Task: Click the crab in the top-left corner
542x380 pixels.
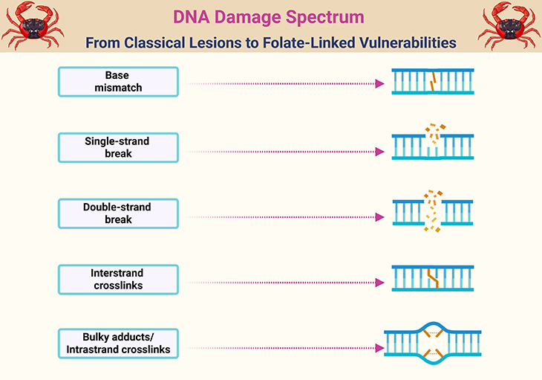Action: click(31, 25)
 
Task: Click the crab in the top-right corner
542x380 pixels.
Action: click(510, 25)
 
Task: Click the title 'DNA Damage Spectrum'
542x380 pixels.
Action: click(270, 16)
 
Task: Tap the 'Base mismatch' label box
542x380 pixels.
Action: click(118, 82)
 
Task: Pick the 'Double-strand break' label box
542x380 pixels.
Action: click(118, 213)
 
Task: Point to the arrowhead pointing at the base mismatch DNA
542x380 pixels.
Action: click(379, 84)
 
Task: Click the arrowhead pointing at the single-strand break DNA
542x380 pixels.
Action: click(379, 151)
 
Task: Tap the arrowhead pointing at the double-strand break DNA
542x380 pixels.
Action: click(379, 217)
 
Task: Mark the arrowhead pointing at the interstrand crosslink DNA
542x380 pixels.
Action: click(379, 283)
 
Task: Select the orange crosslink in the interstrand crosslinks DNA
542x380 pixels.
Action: click(433, 278)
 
